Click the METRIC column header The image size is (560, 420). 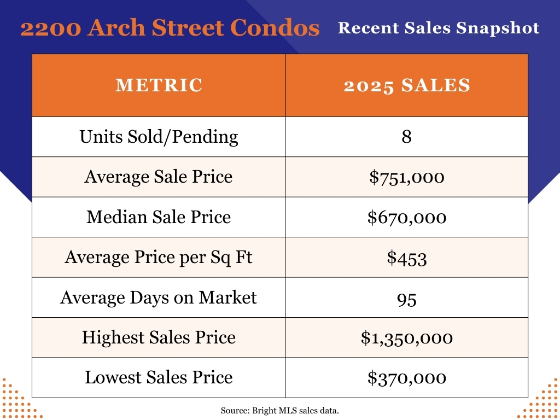click(x=159, y=85)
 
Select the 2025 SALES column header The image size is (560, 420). click(x=406, y=85)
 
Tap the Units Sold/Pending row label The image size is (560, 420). click(x=159, y=136)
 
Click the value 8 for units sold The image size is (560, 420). click(x=406, y=136)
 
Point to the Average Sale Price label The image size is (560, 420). click(x=159, y=177)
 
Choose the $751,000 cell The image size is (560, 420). click(x=406, y=177)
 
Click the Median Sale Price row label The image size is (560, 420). click(x=159, y=217)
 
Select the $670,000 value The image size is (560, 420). click(x=406, y=218)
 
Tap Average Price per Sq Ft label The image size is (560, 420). click(x=159, y=257)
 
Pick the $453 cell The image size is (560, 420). click(x=406, y=258)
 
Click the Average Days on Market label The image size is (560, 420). click(x=159, y=297)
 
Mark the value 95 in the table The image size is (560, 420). click(x=406, y=298)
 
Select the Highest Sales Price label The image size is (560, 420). click(x=159, y=337)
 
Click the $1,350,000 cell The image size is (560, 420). click(x=406, y=338)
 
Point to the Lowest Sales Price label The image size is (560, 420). click(x=159, y=377)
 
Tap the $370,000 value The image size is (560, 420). click(x=406, y=378)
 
